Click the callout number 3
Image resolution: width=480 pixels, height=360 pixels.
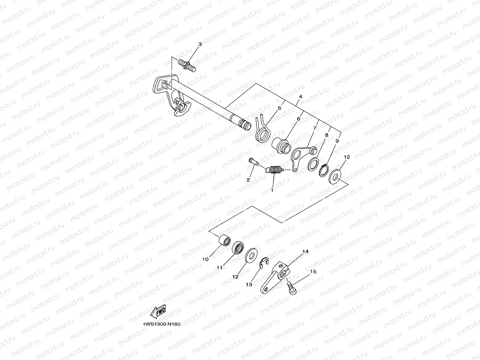pos(200,45)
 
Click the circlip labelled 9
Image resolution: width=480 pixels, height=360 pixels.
pos(323,170)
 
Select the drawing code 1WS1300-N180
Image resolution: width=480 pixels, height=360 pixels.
pos(160,324)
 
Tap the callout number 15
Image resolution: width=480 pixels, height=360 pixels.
pos(313,272)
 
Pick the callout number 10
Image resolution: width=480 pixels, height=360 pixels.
pos(205,260)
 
